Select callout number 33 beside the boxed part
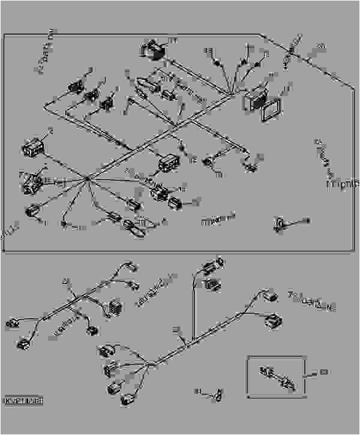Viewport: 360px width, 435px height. coord(325,373)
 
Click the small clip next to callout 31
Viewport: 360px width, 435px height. coord(218,395)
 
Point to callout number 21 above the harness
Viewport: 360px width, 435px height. coord(65,280)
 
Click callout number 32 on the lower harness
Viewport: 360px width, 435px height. coord(176,330)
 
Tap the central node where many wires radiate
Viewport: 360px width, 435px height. coord(88,178)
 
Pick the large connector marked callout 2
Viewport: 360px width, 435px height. coord(33,145)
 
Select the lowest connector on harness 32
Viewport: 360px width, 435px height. coord(128,400)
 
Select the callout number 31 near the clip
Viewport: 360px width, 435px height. coord(197,391)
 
